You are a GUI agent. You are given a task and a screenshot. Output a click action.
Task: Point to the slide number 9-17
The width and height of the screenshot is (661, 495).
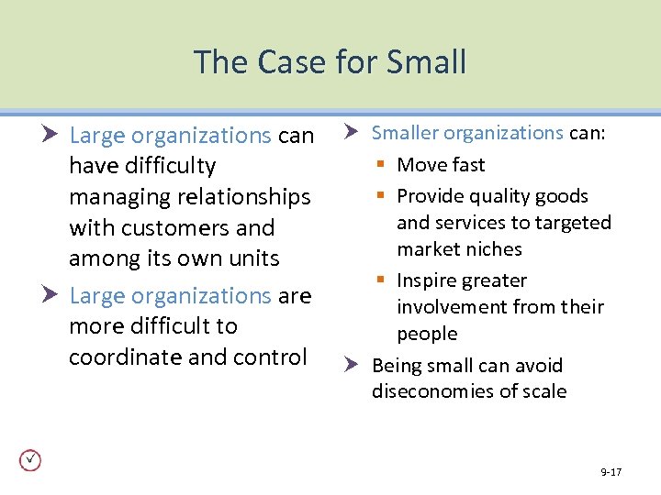click(611, 472)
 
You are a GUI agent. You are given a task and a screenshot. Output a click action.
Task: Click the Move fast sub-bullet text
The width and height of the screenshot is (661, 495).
click(441, 165)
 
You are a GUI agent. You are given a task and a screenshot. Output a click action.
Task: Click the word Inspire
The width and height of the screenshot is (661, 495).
click(429, 280)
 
